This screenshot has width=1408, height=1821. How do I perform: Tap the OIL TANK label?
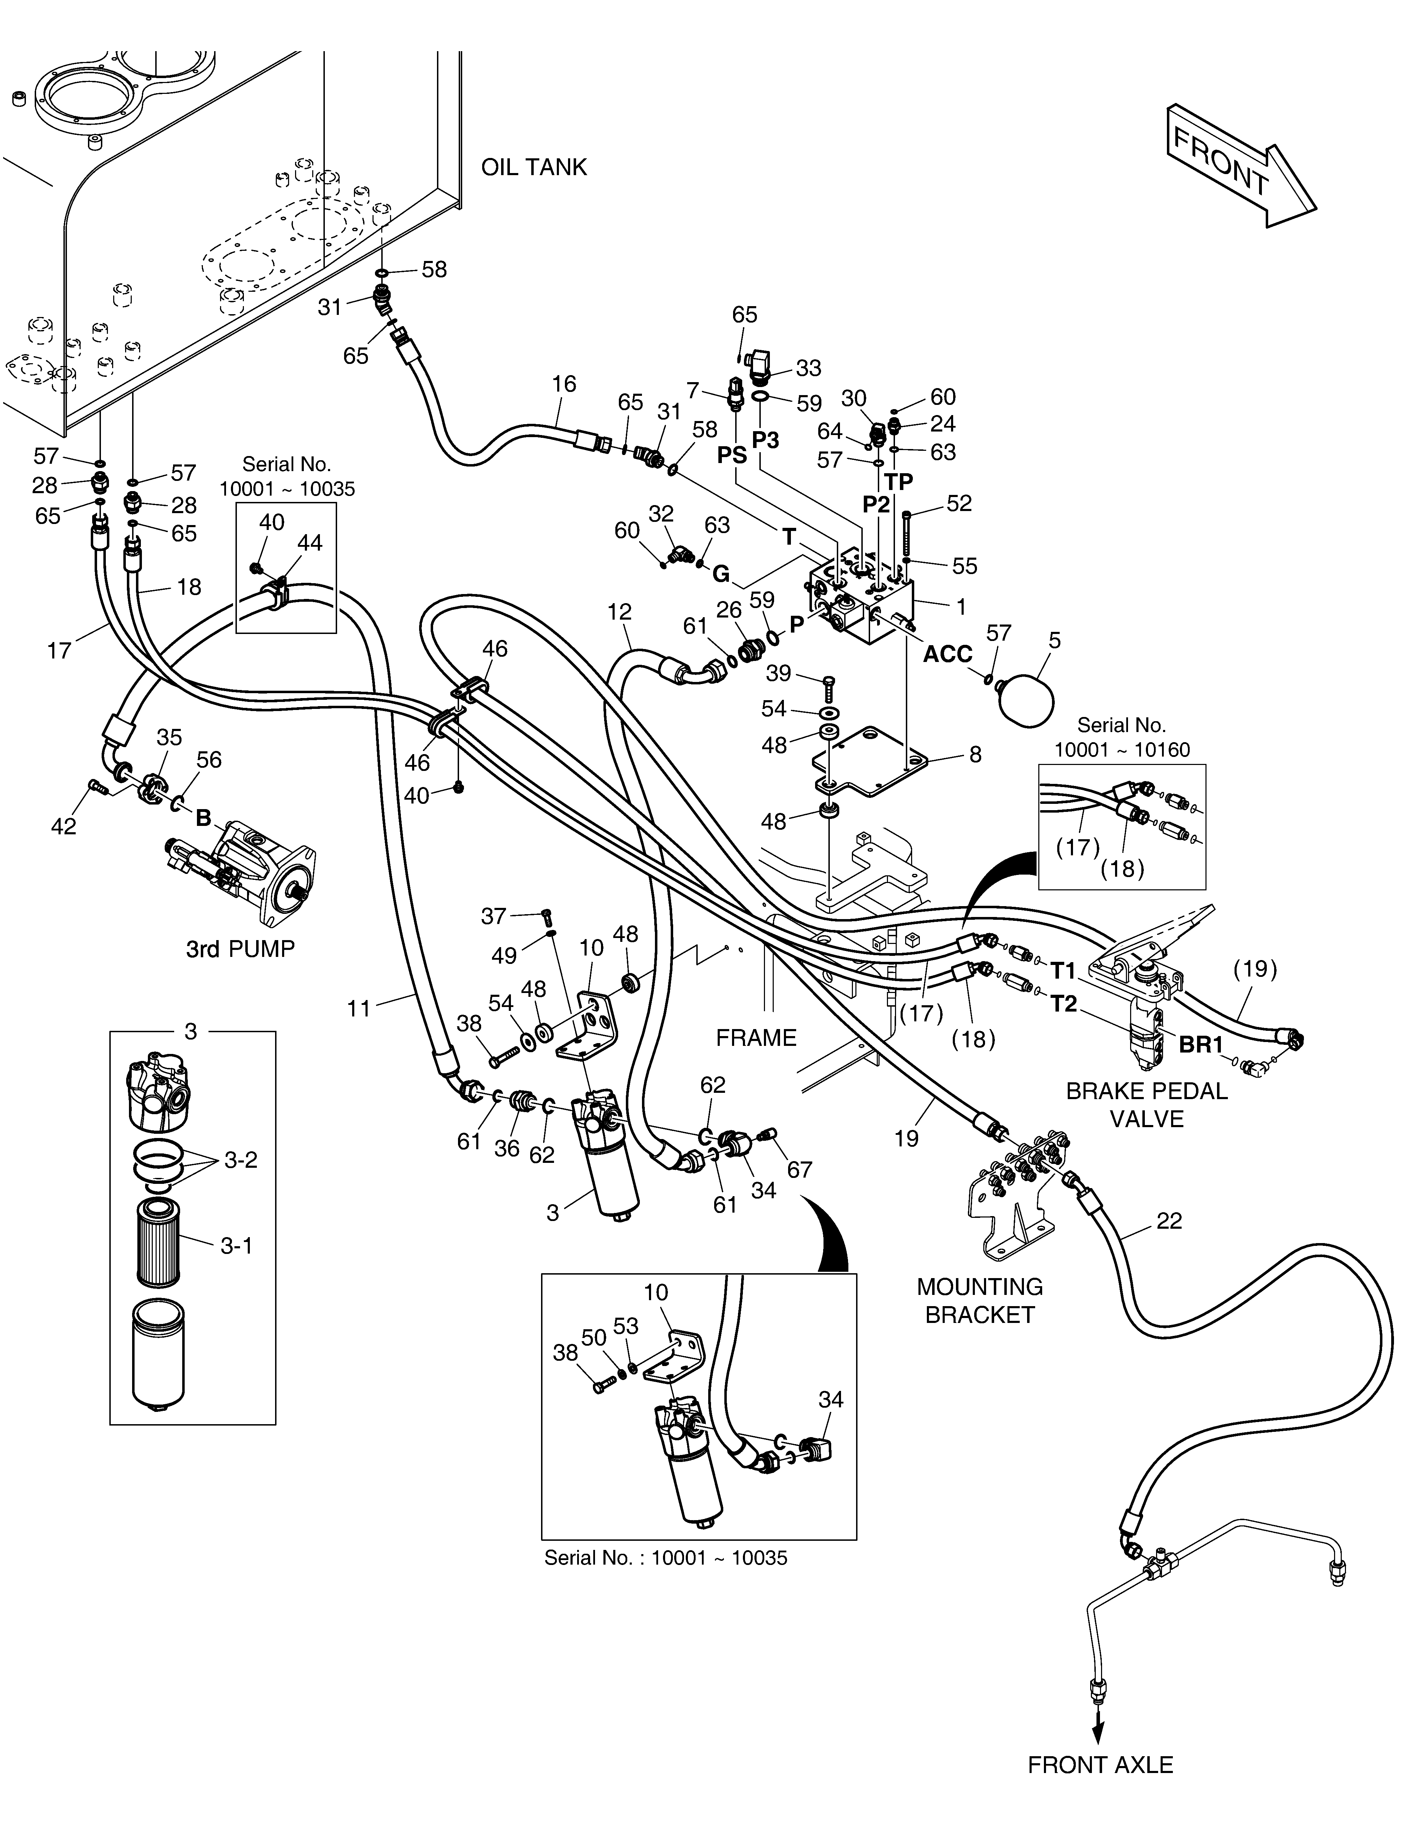tap(534, 167)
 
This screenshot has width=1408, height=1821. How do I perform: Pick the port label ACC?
tap(948, 655)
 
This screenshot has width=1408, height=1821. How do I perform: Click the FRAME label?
tap(757, 1038)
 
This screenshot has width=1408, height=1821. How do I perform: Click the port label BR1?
tap(1201, 1045)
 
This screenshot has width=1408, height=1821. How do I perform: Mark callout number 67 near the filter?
tap(799, 1170)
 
